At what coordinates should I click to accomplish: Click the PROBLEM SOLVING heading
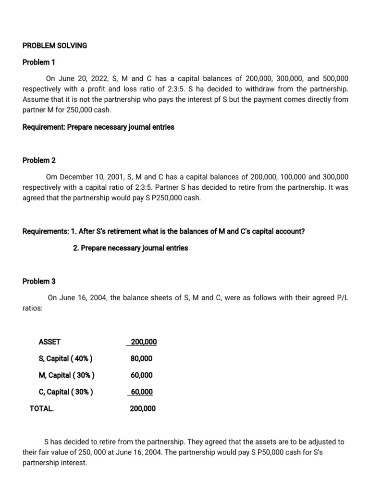click(55, 46)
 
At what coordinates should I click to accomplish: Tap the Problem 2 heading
click(36, 160)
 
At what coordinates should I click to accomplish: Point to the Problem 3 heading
click(36, 281)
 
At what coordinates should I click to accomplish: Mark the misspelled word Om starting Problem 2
click(51, 177)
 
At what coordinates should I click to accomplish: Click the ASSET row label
click(49, 342)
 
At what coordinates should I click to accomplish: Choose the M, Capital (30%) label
click(66, 375)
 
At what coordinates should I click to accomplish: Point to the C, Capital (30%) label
click(66, 392)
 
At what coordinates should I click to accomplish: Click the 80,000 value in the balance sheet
click(141, 358)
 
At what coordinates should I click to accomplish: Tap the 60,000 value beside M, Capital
click(141, 375)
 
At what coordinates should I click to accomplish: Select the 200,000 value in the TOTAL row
click(143, 408)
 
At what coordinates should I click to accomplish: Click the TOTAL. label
click(42, 408)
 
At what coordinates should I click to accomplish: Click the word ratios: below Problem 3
click(33, 308)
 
